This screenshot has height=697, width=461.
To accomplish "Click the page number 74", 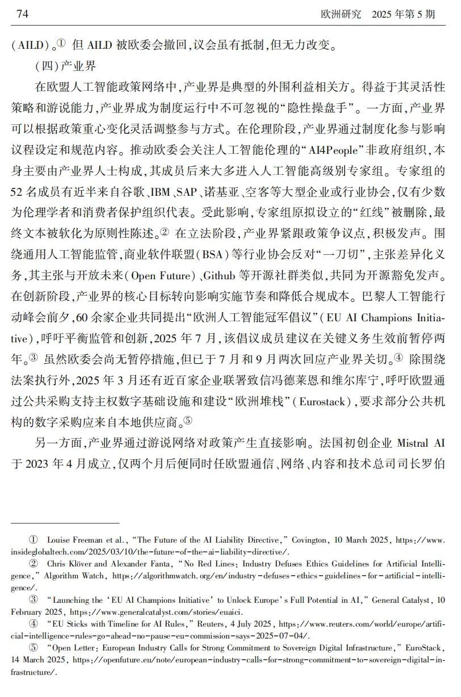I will point(23,14).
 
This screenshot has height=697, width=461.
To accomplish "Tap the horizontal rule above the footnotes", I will point(65,522).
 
